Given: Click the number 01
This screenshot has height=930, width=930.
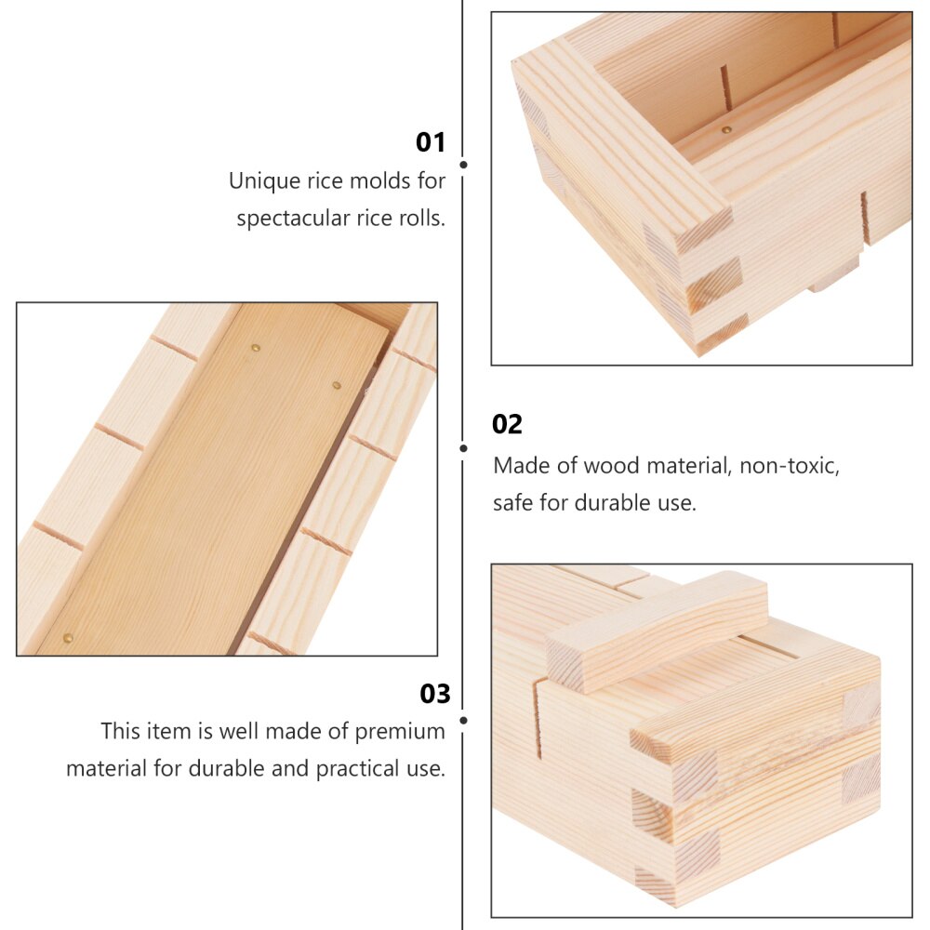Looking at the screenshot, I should click(x=431, y=142).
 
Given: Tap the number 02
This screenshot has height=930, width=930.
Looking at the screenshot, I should click(x=507, y=424).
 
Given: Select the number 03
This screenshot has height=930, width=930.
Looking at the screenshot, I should click(x=434, y=694).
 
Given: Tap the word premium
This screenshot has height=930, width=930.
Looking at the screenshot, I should click(x=399, y=731).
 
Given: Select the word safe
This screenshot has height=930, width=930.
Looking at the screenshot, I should click(x=512, y=503).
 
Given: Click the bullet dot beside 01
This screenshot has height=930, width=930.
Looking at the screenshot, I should click(x=463, y=165).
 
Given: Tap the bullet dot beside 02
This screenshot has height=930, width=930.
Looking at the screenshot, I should click(x=463, y=447).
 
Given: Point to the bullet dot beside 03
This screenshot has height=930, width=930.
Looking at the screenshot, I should click(x=463, y=719).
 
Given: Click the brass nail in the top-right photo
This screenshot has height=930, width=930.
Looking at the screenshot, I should click(x=727, y=131).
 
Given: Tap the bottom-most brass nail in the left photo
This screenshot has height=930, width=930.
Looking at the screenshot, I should click(x=67, y=638).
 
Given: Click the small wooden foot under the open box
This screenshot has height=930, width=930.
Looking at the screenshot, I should click(x=834, y=276).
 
